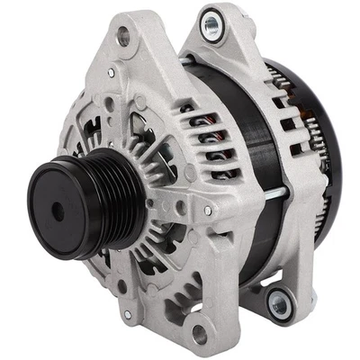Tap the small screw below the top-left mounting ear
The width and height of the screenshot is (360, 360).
point(112,71)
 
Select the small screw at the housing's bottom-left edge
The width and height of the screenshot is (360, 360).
point(130,313)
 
